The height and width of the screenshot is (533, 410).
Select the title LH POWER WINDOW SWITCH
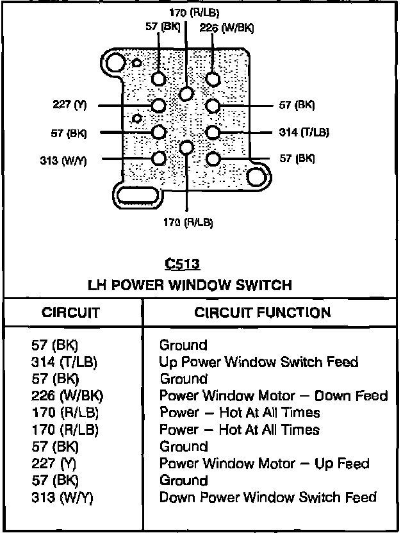point(190,284)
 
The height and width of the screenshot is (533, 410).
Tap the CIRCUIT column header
point(70,313)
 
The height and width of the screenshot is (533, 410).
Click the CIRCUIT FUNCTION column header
point(263,313)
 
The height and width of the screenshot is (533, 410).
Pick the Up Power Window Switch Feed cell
point(258,362)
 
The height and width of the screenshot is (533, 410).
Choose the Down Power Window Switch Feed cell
point(268,496)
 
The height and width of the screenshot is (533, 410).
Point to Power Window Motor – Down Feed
point(274,396)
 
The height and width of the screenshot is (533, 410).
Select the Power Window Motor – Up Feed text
point(264,463)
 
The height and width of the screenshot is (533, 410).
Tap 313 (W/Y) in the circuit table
point(62,496)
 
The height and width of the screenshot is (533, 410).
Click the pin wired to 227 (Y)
point(159,105)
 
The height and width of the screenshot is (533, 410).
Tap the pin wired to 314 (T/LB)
point(213,132)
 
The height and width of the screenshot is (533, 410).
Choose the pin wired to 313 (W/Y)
point(159,158)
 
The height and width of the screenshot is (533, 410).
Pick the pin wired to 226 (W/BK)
point(213,79)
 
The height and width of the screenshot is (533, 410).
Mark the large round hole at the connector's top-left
point(117,63)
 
